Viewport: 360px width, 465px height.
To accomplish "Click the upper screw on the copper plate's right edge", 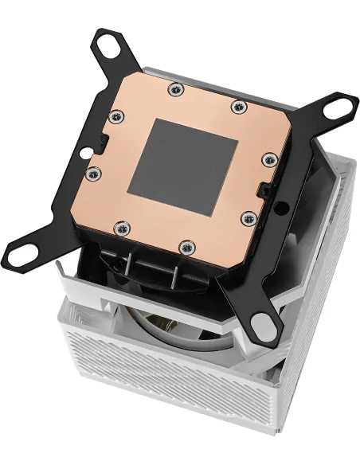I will (265, 161).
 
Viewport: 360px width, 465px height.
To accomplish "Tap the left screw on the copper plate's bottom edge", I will (118, 229).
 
